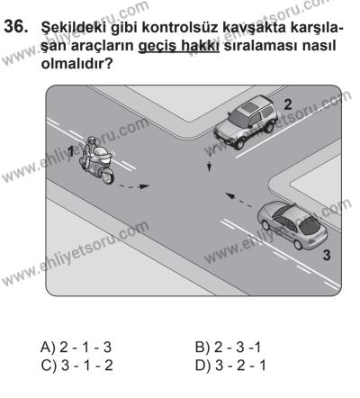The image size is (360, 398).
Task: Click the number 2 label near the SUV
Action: [x=287, y=104]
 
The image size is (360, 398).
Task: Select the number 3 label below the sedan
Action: [x=326, y=257]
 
